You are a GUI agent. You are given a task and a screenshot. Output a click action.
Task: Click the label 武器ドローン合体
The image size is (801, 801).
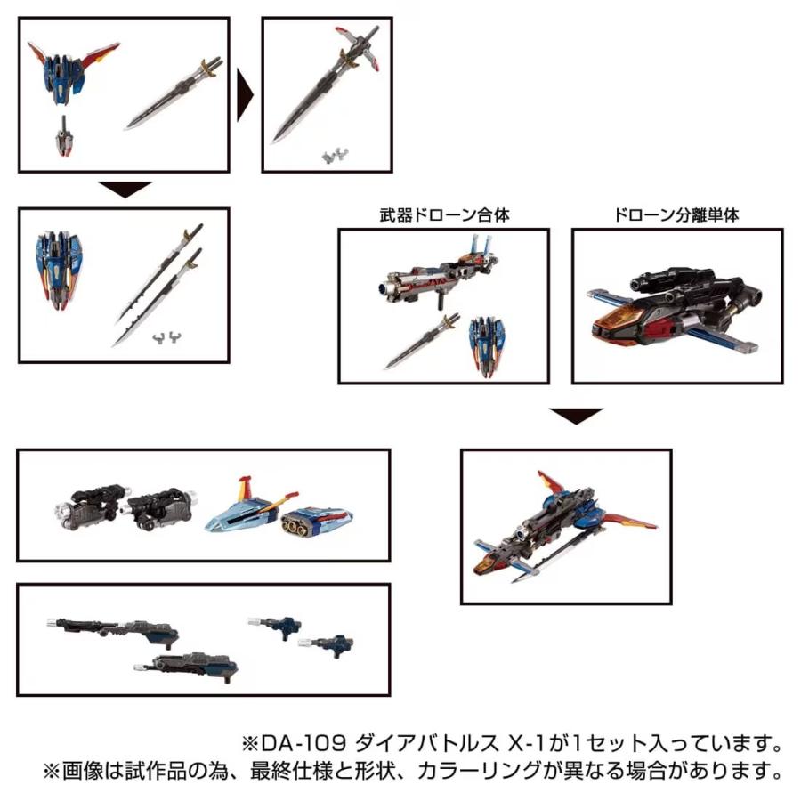pos(443,215)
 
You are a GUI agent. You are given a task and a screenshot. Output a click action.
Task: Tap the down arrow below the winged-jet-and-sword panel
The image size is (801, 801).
pos(125,190)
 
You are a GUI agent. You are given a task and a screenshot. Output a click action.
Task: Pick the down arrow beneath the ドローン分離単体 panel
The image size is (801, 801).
pos(576,416)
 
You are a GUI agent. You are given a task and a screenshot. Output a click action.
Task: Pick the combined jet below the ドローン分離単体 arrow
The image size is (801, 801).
pos(564,525)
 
